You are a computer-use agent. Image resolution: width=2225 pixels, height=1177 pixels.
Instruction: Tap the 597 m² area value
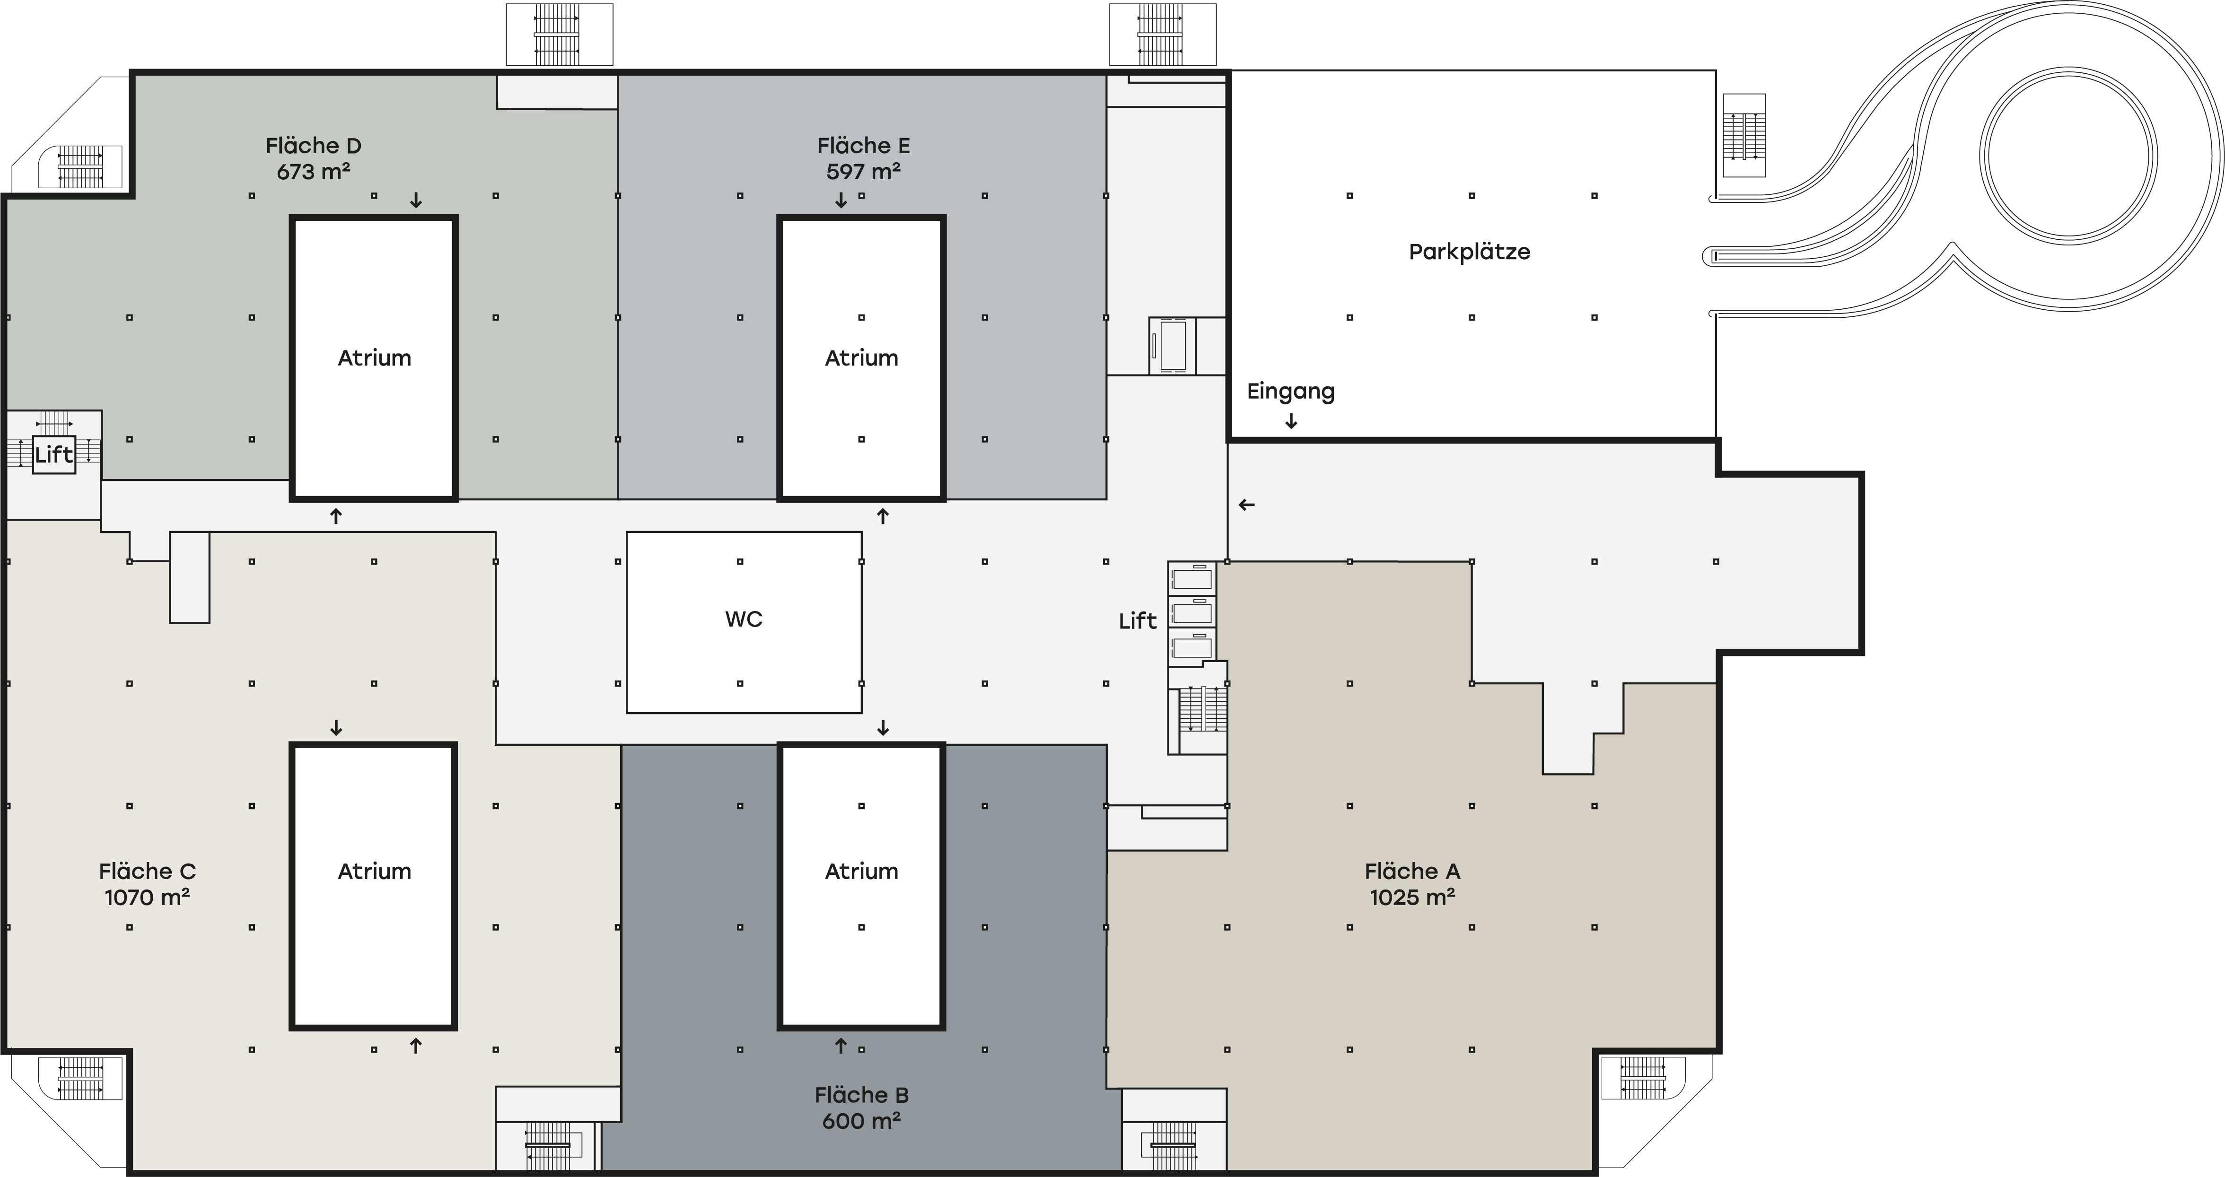[864, 171]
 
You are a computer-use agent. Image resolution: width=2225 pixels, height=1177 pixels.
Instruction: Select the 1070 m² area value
[148, 897]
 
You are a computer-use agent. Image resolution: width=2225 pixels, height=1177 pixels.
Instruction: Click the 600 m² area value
[862, 1121]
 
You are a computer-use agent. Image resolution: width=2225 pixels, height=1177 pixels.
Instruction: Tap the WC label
[744, 619]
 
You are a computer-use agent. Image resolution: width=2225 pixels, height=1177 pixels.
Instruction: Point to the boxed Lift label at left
[53, 454]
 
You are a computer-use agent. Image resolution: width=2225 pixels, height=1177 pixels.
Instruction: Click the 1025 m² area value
[1412, 897]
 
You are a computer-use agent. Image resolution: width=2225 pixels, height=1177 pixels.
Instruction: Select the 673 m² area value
[314, 171]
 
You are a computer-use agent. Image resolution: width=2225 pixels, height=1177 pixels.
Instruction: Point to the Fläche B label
[862, 1095]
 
